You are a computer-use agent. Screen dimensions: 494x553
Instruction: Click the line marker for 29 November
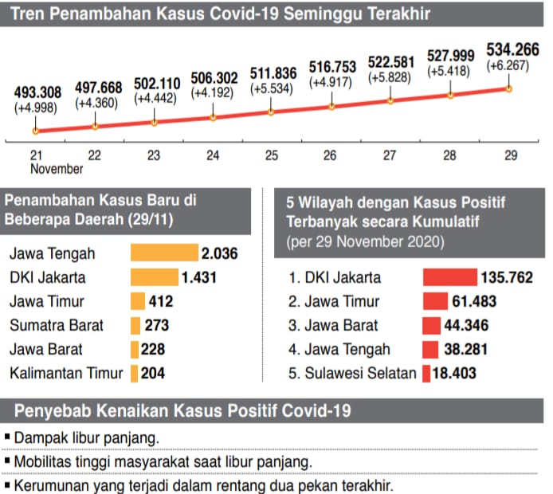pos(508,88)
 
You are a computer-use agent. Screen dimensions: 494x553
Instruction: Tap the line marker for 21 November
pos(36,131)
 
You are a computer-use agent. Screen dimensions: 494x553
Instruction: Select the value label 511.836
pos(272,69)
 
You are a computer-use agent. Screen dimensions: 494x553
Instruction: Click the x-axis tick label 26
pos(331,156)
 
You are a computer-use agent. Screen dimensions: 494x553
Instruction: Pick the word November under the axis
pos(57,169)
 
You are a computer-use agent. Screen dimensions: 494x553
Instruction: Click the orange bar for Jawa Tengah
pos(163,253)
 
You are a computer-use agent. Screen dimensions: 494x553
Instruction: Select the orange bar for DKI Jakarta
pos(154,277)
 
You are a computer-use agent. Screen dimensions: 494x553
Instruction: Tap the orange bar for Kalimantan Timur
pos(135,373)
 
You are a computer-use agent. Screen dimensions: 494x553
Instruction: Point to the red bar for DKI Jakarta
pos(449,277)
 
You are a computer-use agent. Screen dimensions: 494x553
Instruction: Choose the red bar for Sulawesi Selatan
pos(426,373)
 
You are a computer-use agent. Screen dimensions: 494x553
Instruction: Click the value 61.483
pos(478,301)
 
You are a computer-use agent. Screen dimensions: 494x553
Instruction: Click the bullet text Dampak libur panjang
pos(86,437)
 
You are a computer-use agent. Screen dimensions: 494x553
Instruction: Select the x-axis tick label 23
pos(154,156)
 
